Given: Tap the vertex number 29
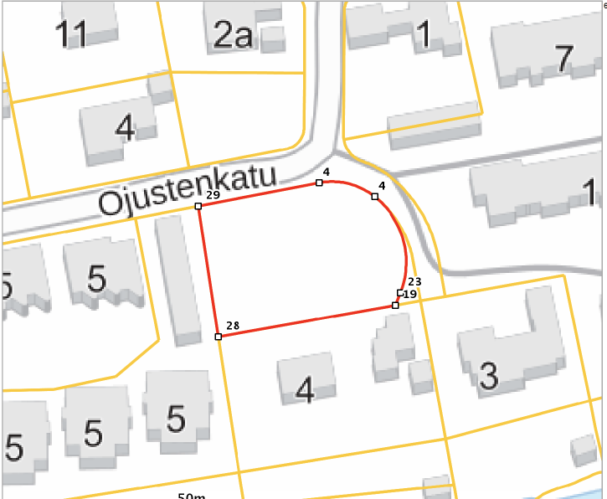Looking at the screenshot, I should coord(213,194).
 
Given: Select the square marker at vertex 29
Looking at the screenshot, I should coord(198,206).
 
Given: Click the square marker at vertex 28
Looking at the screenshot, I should coord(219,337).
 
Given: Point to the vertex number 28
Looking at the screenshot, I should coord(233,326).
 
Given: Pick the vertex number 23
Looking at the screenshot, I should coord(414,282).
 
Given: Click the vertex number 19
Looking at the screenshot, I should coord(409,295).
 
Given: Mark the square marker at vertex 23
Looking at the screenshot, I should coord(400,292).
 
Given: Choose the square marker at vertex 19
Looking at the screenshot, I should coord(395,306).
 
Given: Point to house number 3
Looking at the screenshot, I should coord(489,376).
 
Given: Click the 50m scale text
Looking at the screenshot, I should coord(192,496).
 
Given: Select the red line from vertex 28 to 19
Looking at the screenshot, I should coord(306,322).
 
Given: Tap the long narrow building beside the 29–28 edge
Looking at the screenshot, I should coord(177,278).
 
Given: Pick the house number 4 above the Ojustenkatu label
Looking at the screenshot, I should coord(125,128).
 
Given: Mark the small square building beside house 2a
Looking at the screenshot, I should coord(274,38).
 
